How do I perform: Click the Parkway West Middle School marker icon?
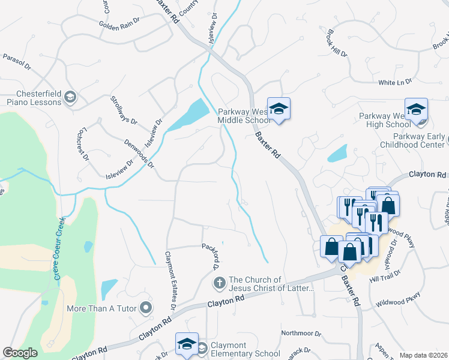point(279,109)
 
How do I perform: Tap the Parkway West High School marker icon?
point(416,110)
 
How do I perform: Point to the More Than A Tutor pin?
point(146,308)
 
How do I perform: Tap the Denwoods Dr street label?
point(139,154)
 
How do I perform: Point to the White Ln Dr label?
point(395,81)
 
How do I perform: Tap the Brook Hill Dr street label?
point(337,43)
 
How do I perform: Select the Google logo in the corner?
point(20,353)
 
